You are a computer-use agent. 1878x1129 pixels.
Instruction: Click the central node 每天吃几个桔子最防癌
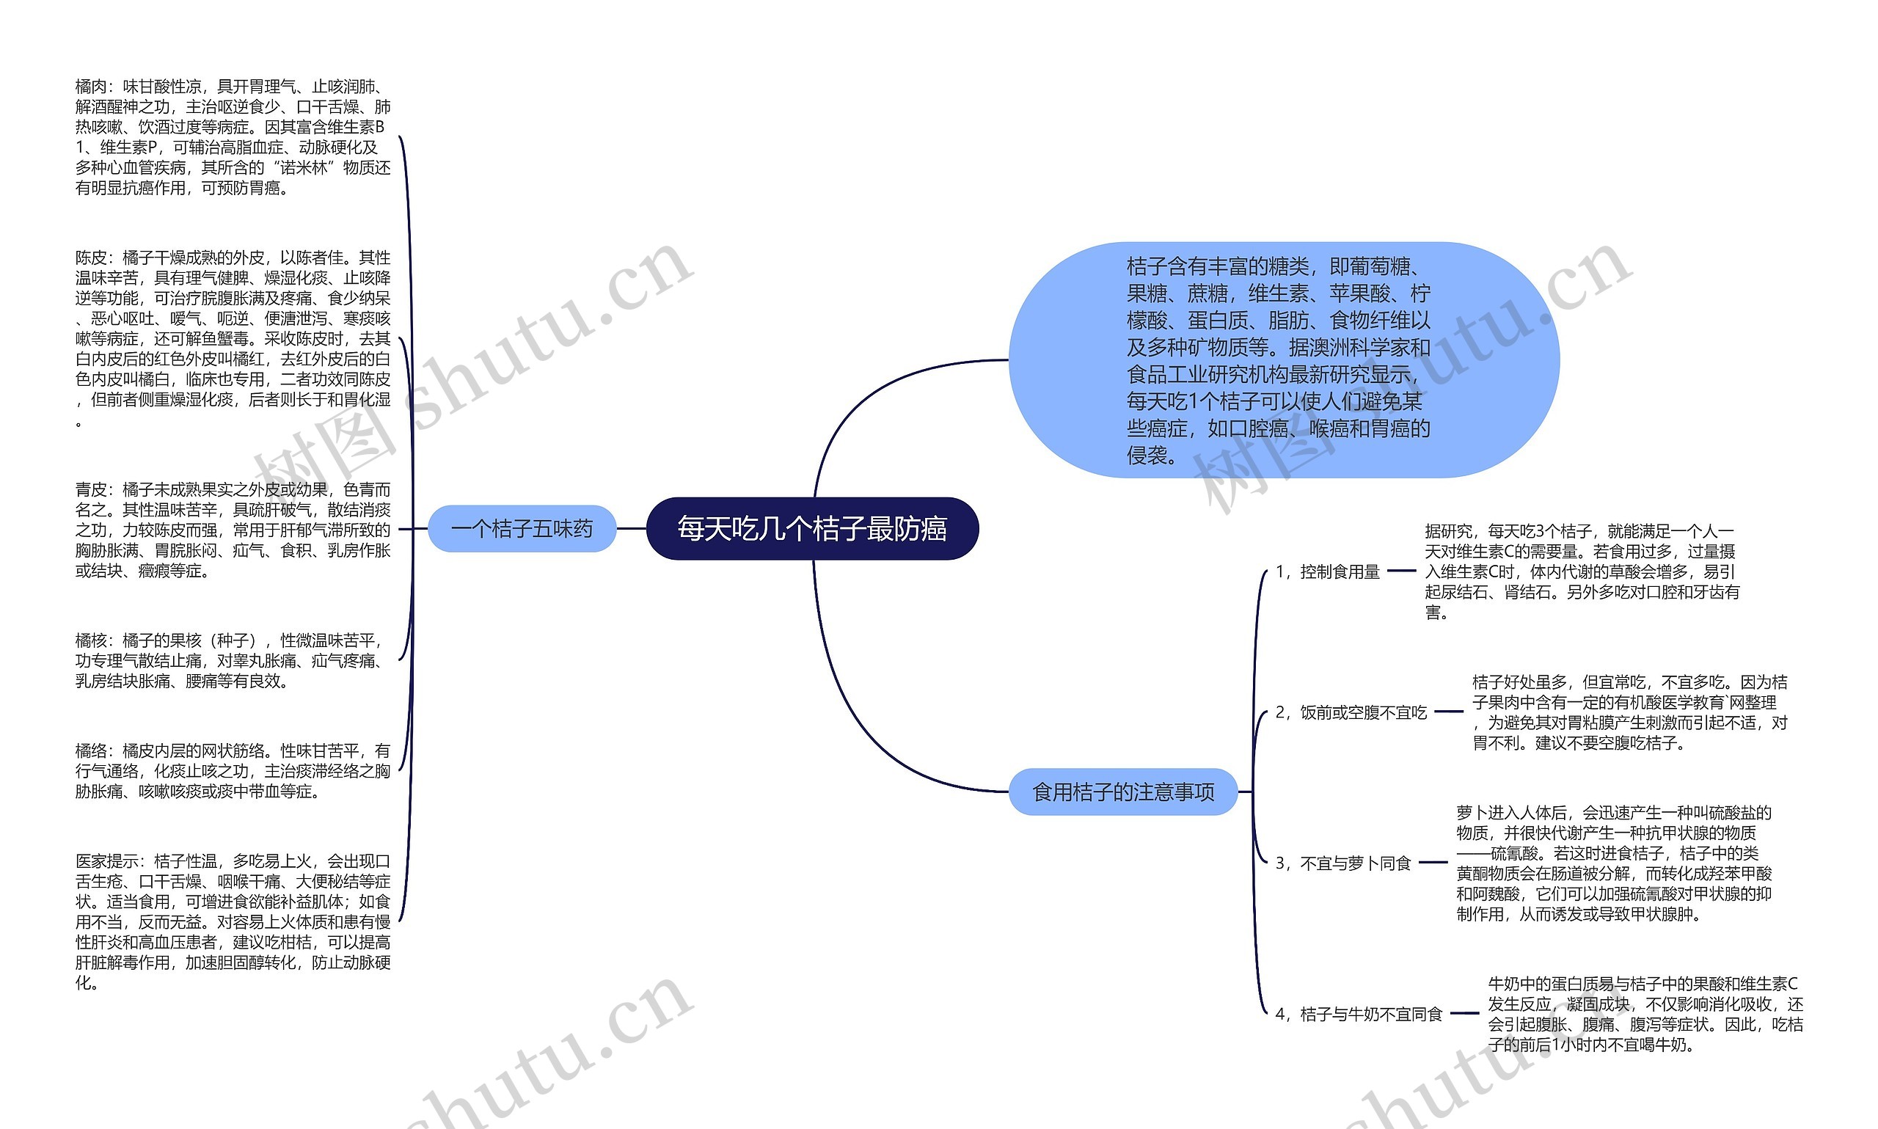[811, 529]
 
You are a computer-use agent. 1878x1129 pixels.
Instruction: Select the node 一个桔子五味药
[521, 529]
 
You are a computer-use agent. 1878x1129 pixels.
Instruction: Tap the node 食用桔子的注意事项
[1122, 792]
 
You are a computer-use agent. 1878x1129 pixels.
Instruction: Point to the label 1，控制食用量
[1327, 571]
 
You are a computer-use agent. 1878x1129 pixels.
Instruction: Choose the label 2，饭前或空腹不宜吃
[1351, 712]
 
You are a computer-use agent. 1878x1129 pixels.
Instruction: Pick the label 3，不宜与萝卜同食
[1343, 863]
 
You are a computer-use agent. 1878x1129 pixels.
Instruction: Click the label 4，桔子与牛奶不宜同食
[1359, 1013]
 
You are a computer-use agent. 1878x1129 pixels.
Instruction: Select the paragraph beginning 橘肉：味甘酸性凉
[233, 138]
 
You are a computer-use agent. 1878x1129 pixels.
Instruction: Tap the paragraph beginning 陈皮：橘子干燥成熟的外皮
[233, 338]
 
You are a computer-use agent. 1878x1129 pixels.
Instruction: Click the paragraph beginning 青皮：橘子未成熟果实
[233, 530]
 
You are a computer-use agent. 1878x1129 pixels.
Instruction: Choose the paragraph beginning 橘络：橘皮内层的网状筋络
[233, 771]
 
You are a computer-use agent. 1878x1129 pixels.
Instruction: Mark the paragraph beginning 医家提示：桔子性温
[233, 921]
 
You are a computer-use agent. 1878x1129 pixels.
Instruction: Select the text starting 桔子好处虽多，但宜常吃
[1629, 712]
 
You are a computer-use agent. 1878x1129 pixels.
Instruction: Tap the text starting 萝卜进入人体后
[1613, 863]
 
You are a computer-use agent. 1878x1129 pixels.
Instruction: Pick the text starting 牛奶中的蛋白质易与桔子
[1645, 1013]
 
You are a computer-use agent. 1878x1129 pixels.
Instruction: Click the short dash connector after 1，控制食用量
[1401, 571]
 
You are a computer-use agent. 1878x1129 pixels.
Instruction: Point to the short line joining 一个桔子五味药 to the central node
[631, 529]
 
